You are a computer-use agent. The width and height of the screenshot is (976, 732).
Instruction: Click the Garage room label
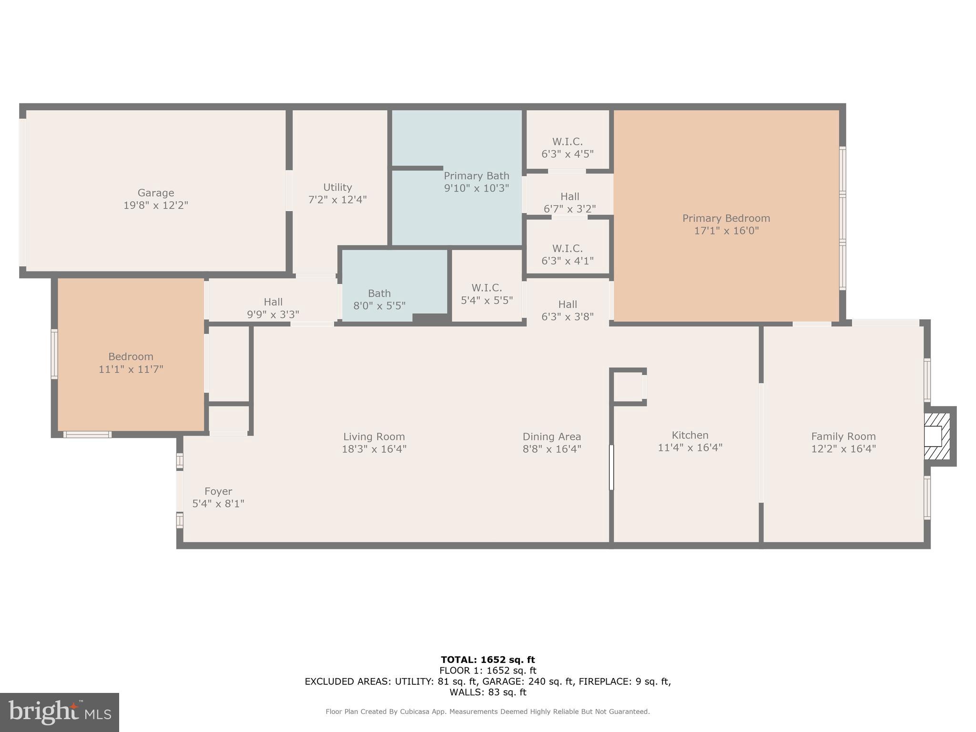[155, 193]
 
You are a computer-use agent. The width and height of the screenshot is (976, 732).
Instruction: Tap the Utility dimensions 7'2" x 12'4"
[337, 200]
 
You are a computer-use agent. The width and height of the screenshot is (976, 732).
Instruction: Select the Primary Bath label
[476, 176]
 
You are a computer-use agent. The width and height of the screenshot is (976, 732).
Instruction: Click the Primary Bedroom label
[726, 218]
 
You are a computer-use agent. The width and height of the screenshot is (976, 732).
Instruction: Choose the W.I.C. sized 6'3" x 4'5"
[567, 148]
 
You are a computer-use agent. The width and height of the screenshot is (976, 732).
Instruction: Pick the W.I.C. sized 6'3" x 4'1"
[567, 254]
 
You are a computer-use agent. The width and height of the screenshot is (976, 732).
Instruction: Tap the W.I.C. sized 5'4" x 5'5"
[487, 294]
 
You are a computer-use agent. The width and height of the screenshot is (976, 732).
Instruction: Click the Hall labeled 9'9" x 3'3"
[273, 308]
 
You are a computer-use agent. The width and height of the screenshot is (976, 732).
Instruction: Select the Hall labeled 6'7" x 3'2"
[569, 203]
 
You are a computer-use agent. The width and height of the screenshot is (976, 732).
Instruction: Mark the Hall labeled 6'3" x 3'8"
[567, 310]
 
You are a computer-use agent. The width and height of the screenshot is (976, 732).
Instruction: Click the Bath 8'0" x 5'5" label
[379, 299]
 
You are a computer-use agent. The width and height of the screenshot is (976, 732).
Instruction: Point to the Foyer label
[218, 491]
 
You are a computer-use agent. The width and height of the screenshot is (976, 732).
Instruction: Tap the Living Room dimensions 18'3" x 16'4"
[374, 449]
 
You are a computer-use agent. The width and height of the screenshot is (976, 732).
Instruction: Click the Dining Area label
[551, 437]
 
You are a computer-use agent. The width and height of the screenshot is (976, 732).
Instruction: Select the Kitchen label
[690, 435]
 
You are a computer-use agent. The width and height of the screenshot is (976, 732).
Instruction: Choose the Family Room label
[843, 436]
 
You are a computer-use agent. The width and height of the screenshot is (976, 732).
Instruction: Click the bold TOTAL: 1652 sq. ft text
[488, 660]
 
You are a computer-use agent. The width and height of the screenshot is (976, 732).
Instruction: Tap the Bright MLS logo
[60, 712]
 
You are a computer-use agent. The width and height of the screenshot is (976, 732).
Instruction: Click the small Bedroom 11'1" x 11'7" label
[131, 363]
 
